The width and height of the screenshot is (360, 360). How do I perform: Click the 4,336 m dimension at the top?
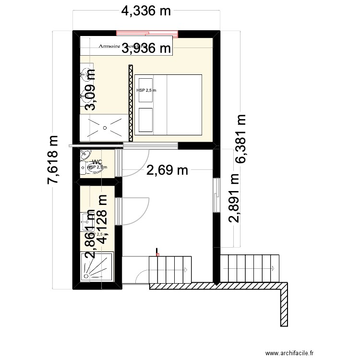pyautogui.click(x=146, y=11)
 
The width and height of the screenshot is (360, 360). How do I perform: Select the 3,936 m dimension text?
pyautogui.click(x=146, y=48)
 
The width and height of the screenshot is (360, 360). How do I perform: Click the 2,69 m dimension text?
pyautogui.click(x=167, y=170)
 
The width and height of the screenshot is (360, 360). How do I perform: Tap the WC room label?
pyautogui.click(x=96, y=162)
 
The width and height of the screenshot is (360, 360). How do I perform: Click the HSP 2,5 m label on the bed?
pyautogui.click(x=146, y=90)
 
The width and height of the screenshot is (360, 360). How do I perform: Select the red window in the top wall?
pyautogui.click(x=147, y=33)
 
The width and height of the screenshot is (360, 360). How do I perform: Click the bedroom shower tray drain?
pyautogui.click(x=105, y=128)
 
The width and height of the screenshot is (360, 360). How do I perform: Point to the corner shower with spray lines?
pyautogui.click(x=96, y=266)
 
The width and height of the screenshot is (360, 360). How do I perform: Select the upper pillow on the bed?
pyautogui.click(x=145, y=84)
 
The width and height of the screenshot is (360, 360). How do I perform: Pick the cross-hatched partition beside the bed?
pyautogui.click(x=130, y=103)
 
